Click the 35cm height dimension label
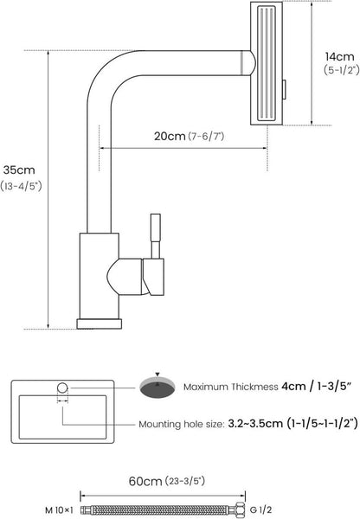[19, 170]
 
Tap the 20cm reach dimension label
[170, 136]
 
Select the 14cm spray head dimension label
[339, 56]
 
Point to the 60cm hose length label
[145, 481]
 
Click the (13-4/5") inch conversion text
[21, 186]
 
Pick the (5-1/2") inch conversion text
[342, 70]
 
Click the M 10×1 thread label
[59, 509]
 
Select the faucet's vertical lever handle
[156, 236]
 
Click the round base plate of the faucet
[100, 324]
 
